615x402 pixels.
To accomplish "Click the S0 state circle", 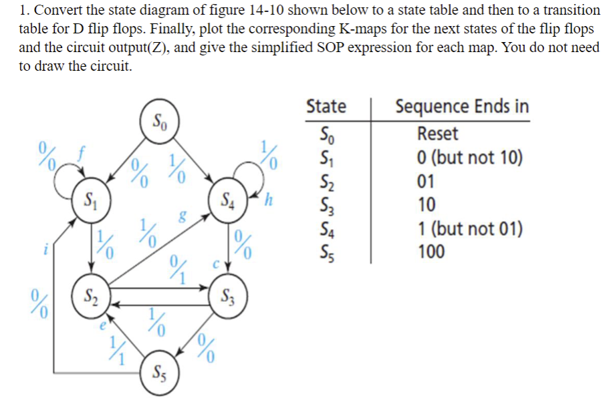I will [160, 122].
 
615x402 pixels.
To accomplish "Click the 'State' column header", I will [326, 106].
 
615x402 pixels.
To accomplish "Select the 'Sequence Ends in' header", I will [462, 106].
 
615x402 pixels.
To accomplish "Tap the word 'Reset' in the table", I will [437, 134].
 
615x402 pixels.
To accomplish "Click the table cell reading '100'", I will [431, 252].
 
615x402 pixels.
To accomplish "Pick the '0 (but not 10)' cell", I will [469, 158].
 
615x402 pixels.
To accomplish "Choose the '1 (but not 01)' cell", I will [469, 228].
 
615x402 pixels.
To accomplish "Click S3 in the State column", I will [325, 205].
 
